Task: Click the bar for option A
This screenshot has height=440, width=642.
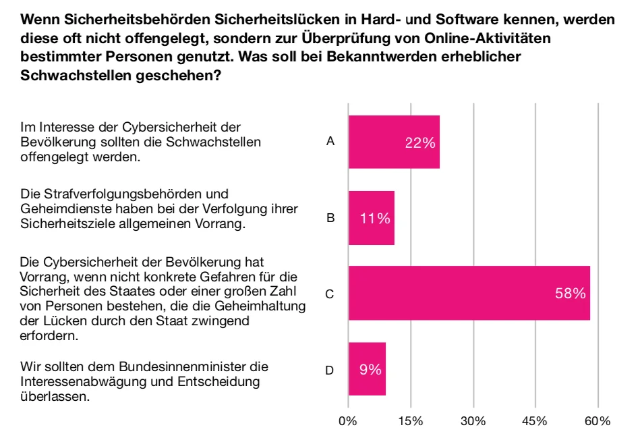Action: coord(394,142)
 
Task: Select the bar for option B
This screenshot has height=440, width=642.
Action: coord(371,218)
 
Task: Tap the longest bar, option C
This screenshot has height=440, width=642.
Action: coord(469,294)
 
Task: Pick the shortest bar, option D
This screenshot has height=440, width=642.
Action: coord(367,369)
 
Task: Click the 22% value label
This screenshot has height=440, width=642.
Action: coord(419,142)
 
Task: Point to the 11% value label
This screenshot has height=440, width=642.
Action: coord(375,218)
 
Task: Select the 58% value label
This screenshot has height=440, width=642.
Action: coord(571,294)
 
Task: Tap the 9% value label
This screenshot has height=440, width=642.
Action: coord(370,369)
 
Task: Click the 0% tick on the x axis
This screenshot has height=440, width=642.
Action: coord(348,421)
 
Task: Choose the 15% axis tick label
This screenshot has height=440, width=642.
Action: coord(411,421)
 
